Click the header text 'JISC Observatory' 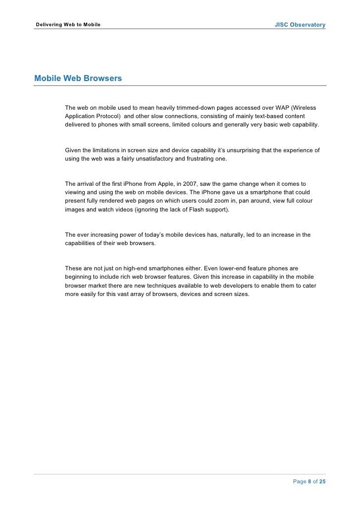coord(300,25)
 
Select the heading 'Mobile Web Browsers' coord(78,78)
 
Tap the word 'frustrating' coord(199,159)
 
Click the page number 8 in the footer coord(310,481)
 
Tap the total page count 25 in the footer coord(322,481)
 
